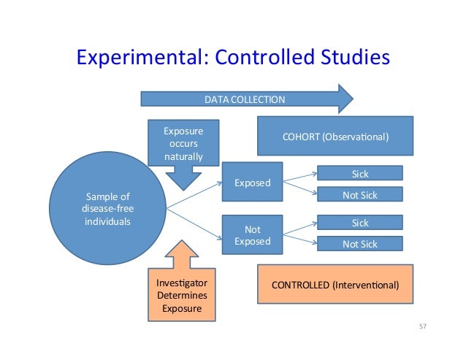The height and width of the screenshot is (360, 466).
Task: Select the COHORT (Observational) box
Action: click(335, 137)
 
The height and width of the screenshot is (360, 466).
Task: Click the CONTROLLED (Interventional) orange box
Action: click(335, 286)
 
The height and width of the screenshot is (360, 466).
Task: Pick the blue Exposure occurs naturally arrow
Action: click(183, 150)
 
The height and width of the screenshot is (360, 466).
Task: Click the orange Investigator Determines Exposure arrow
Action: click(183, 286)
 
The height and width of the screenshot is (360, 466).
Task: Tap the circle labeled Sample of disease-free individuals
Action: click(108, 207)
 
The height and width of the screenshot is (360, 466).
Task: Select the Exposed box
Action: click(251, 183)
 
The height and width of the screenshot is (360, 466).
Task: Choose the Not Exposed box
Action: click(251, 235)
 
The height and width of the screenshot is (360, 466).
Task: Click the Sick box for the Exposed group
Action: click(360, 172)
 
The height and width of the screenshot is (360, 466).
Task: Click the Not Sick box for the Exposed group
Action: click(360, 194)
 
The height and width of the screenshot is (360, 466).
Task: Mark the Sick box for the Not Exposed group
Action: click(360, 223)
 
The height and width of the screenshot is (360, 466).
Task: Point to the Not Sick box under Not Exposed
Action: click(360, 244)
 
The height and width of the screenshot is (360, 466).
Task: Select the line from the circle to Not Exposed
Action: click(194, 222)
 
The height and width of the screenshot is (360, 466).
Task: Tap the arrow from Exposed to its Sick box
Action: click(299, 175)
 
